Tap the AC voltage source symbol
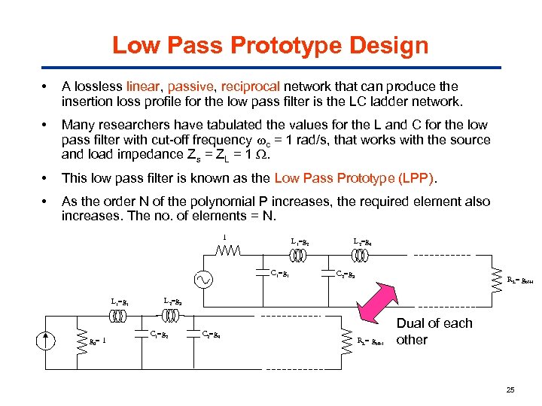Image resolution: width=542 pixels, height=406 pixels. click(203, 279)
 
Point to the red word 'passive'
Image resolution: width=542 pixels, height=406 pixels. click(187, 86)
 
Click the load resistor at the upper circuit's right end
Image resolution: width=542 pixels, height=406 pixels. click(496, 280)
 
